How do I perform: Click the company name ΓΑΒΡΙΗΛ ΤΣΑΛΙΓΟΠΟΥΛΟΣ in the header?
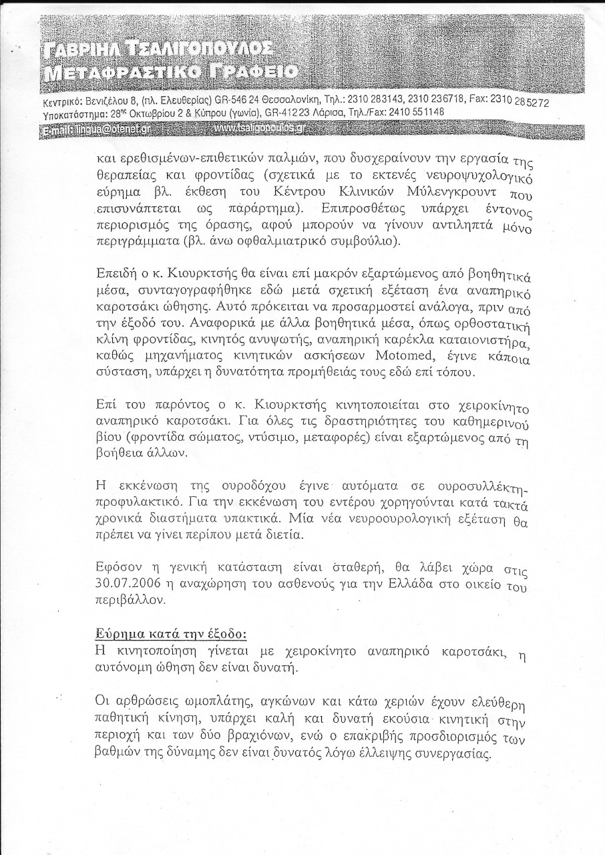pos(158,49)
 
